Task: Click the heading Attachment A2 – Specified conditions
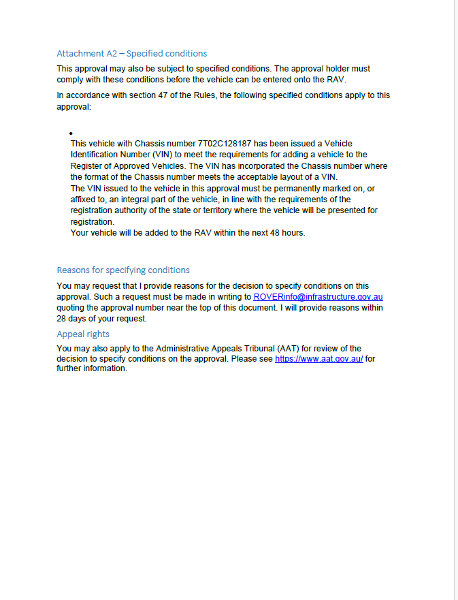(131, 53)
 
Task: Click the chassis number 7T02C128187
(224, 144)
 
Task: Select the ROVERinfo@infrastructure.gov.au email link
(318, 297)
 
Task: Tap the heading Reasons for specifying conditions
(123, 270)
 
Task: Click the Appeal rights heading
(83, 334)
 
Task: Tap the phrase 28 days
(71, 319)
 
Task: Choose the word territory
(222, 210)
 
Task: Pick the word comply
(71, 80)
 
